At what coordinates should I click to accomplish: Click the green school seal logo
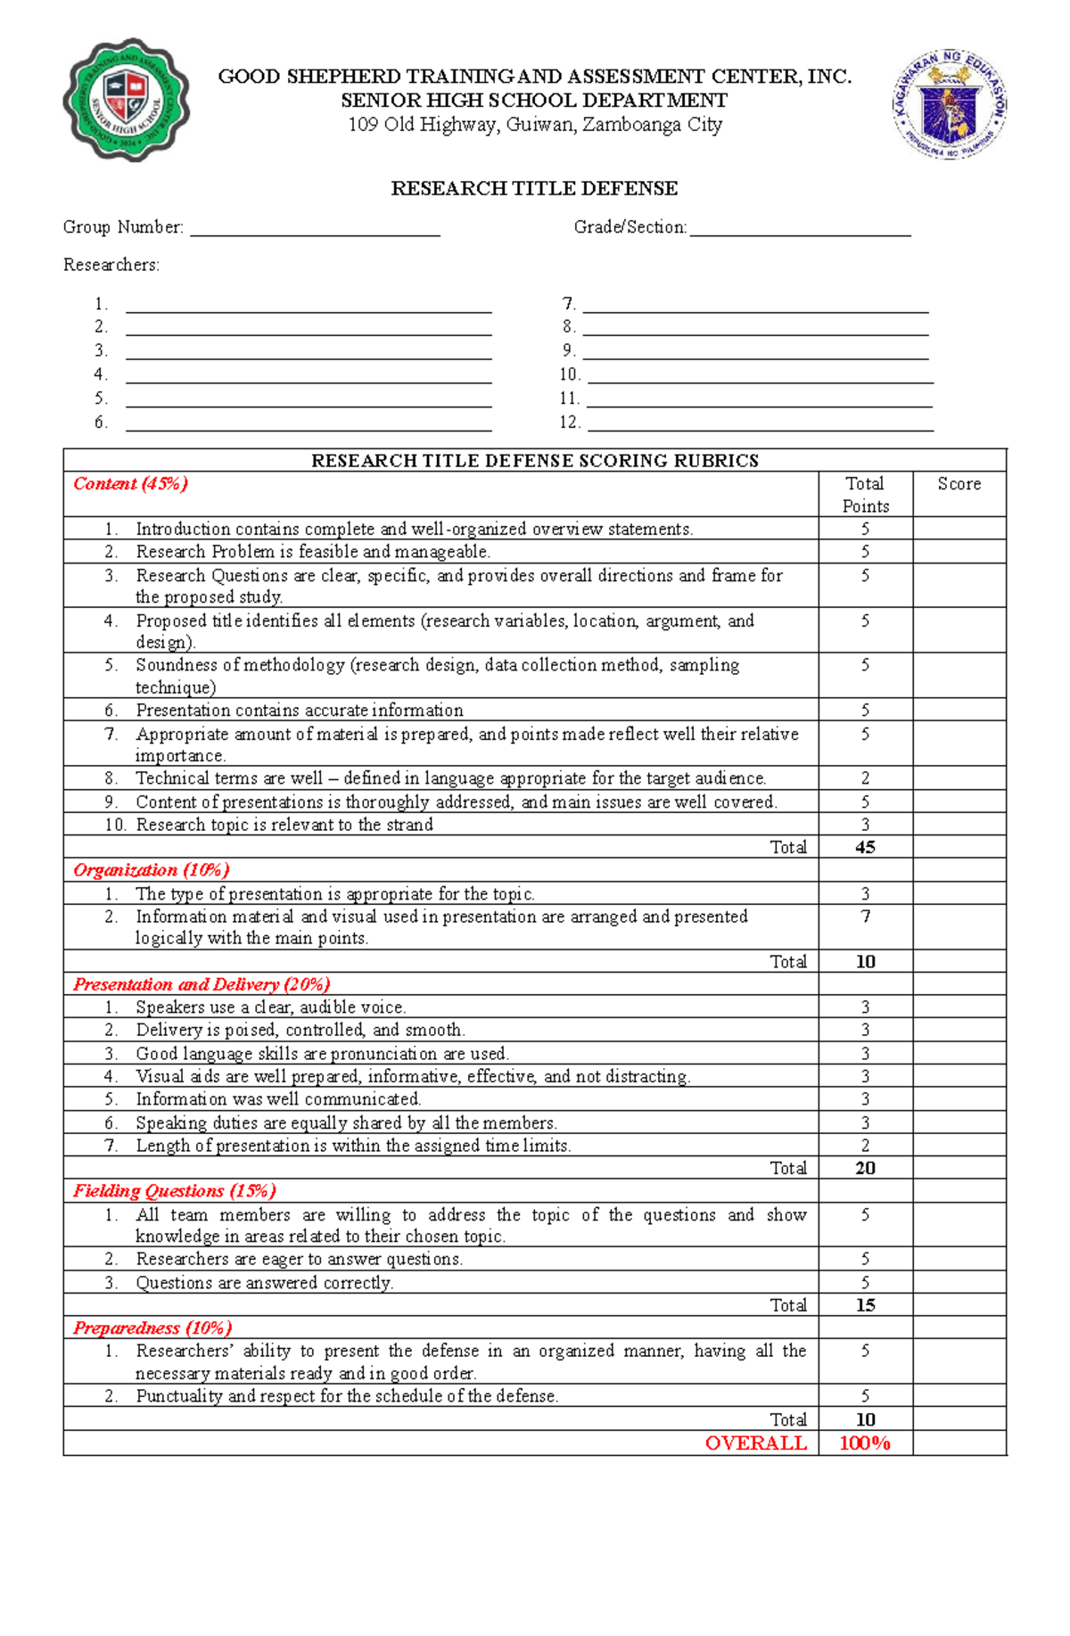tap(126, 100)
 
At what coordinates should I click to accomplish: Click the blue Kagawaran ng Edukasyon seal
tap(950, 104)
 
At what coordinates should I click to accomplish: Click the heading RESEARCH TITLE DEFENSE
tap(534, 188)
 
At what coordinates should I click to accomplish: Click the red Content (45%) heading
tap(130, 484)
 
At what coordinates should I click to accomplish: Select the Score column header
tap(959, 484)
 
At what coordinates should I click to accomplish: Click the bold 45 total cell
tap(865, 847)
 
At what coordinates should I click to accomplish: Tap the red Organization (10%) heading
tap(151, 870)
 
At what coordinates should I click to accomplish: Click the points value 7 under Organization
tap(865, 917)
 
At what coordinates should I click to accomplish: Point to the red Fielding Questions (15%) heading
tap(174, 1191)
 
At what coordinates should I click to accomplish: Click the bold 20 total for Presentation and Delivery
tap(865, 1168)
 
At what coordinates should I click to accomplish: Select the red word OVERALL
tap(755, 1443)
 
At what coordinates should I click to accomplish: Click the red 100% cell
tap(865, 1443)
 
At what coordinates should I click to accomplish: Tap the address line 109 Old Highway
tap(534, 125)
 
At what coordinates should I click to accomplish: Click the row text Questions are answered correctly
tap(264, 1283)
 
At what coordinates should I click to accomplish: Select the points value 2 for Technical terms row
tap(865, 778)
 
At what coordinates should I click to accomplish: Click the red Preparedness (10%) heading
tap(152, 1328)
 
